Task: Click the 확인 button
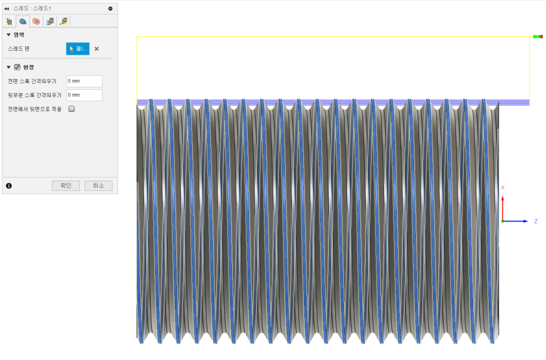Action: [x=66, y=186]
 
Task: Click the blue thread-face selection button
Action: [x=78, y=49]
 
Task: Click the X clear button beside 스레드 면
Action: [x=97, y=49]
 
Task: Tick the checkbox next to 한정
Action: [x=17, y=67]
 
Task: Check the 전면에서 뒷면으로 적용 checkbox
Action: [x=72, y=109]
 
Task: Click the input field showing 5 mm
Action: [x=85, y=81]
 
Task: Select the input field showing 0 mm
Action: [x=85, y=95]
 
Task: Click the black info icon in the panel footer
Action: [x=9, y=186]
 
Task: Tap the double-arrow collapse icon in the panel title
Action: [x=6, y=9]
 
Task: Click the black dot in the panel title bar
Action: [x=110, y=9]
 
